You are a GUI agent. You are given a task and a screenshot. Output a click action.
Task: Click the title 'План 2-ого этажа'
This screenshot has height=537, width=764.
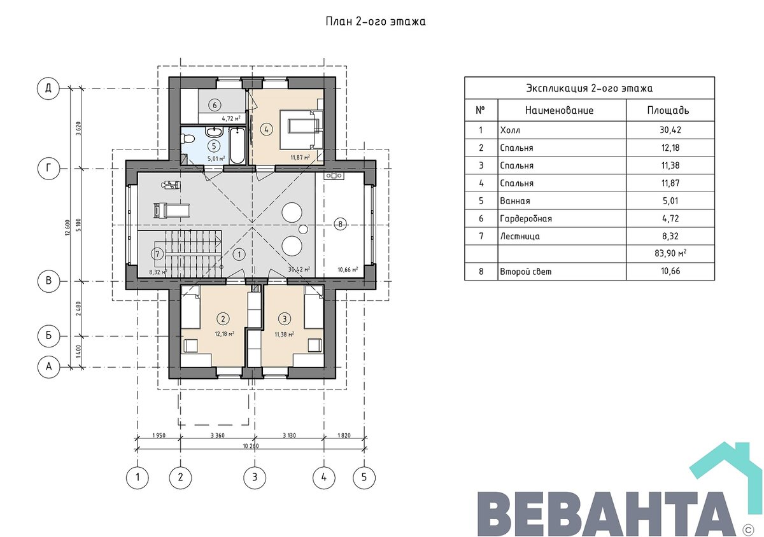click(376, 22)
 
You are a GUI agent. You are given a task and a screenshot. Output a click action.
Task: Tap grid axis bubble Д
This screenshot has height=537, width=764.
click(48, 88)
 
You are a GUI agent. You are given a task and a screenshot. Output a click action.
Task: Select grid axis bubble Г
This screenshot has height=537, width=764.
click(48, 168)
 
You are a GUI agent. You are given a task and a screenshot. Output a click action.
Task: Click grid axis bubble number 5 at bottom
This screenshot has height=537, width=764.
click(364, 477)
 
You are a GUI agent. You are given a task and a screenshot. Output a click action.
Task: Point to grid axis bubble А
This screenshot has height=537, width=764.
click(48, 367)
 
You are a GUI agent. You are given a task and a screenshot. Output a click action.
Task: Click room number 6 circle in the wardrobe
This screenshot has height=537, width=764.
click(215, 105)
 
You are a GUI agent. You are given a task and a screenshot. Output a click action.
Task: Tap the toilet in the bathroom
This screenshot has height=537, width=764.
click(187, 139)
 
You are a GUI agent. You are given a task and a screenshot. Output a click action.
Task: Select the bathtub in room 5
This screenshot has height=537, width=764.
click(237, 146)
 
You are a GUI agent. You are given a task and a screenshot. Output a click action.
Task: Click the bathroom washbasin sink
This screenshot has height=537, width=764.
click(214, 131)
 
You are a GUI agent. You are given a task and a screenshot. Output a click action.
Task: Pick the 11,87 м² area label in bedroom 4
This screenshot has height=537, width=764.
click(300, 158)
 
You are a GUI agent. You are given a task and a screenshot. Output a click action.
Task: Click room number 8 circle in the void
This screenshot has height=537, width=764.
click(340, 225)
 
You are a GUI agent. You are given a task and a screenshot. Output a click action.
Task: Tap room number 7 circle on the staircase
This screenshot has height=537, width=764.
click(157, 254)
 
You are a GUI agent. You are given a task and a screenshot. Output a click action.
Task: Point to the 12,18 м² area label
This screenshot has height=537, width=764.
click(224, 333)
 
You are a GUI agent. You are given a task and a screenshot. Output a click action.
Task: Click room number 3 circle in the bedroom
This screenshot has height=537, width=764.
click(285, 319)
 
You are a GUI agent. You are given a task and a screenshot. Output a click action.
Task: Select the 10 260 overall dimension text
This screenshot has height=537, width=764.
click(251, 446)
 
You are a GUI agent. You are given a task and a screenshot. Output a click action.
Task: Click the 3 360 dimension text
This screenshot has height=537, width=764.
click(218, 435)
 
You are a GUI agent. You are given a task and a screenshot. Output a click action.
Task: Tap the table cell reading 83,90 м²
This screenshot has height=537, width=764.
click(670, 253)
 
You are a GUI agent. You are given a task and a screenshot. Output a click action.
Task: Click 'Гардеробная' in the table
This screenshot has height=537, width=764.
click(526, 218)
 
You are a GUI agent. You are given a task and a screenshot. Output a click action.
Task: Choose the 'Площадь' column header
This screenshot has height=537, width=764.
click(668, 110)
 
